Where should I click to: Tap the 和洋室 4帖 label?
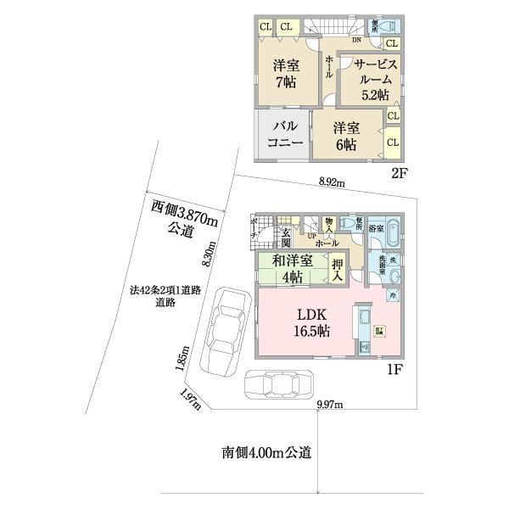(x=291, y=269)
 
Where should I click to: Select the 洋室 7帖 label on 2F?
(x=284, y=74)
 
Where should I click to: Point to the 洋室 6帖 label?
(x=344, y=137)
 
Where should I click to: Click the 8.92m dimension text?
(x=332, y=182)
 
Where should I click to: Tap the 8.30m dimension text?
(x=208, y=251)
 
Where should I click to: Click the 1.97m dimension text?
(x=191, y=398)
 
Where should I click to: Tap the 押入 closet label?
(x=338, y=269)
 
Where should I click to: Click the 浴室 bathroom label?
(x=376, y=229)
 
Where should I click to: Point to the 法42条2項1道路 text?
(x=165, y=290)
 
